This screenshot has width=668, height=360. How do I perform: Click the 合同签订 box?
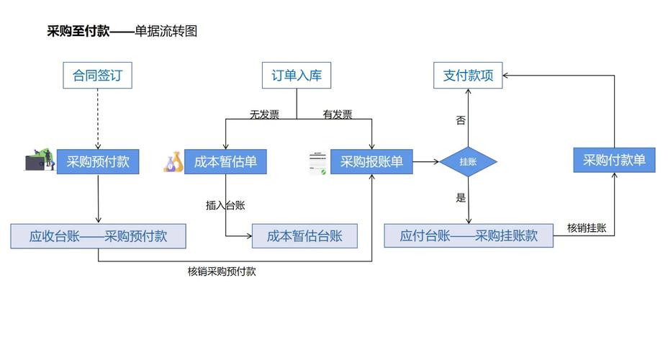[x=97, y=76]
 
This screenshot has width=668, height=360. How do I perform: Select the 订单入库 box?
[x=296, y=76]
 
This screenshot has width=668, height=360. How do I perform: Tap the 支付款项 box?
[x=467, y=76]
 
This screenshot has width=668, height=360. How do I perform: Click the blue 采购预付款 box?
[x=97, y=162]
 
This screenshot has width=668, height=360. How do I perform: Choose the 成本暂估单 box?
[x=225, y=162]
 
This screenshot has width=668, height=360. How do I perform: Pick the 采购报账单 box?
[x=371, y=162]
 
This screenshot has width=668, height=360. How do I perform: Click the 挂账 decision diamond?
[x=468, y=162]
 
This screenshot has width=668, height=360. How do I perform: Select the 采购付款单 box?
[x=614, y=160]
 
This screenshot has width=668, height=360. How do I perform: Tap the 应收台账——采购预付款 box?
[x=98, y=236]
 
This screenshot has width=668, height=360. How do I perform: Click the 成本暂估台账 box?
[x=304, y=236]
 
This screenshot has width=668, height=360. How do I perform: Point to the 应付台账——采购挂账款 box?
[x=469, y=236]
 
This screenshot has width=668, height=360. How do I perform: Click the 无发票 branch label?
[x=264, y=114]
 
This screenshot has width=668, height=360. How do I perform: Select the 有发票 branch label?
[x=338, y=114]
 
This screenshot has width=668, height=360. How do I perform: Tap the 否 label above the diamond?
[x=461, y=120]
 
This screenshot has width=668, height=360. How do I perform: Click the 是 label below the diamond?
[x=461, y=198]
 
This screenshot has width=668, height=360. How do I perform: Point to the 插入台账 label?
[x=225, y=205]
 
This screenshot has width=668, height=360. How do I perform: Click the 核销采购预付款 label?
[x=222, y=271]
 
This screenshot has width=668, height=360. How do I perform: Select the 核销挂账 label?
[x=587, y=228]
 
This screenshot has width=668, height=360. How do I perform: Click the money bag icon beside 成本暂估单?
[x=173, y=162]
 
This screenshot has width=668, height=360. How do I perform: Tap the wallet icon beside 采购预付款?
[x=40, y=161]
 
